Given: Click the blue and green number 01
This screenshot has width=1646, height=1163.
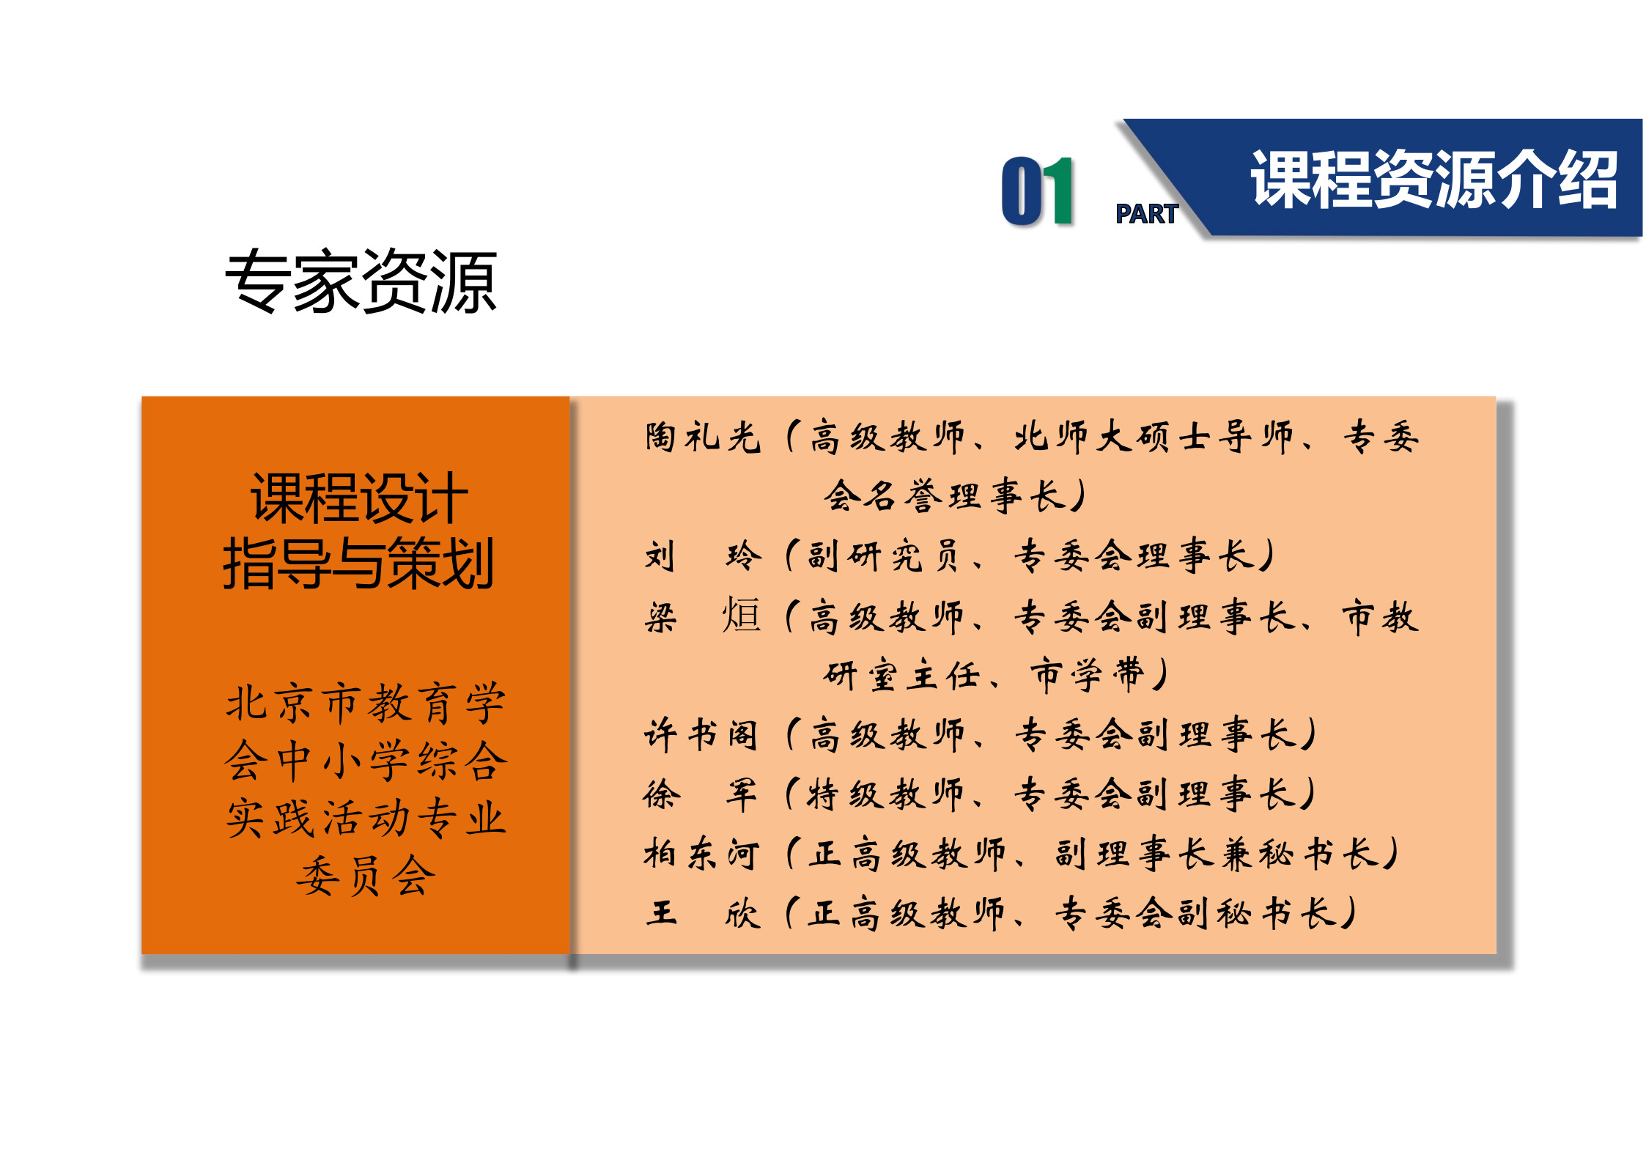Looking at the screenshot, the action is tap(1037, 191).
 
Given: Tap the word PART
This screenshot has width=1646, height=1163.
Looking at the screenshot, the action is tap(1146, 214).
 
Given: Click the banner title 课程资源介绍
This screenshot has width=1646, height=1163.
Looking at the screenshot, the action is tap(1433, 180).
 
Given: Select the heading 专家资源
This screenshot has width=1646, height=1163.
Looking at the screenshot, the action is tap(361, 281).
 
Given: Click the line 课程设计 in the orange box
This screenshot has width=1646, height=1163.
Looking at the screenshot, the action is tap(358, 498).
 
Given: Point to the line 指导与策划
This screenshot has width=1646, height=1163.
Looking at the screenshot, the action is tap(358, 563).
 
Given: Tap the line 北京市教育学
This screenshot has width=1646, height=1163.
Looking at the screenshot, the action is tap(366, 703).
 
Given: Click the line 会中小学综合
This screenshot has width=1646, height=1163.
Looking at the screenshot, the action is tap(366, 760).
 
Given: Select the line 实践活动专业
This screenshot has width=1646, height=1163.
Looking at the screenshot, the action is tap(366, 818).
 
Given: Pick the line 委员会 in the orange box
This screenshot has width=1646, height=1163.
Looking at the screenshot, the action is tap(366, 875).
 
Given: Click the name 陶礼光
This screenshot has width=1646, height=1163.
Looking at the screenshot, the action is tap(703, 437).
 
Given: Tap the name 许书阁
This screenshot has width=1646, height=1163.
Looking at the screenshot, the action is tap(701, 734).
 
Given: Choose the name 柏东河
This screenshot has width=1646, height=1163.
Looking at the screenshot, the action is tap(701, 854).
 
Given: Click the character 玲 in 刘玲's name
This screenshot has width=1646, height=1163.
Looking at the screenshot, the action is tap(743, 555).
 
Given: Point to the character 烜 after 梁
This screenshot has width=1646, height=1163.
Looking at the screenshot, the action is tap(742, 615).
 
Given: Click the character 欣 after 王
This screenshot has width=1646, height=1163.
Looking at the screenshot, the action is tap(742, 913).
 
